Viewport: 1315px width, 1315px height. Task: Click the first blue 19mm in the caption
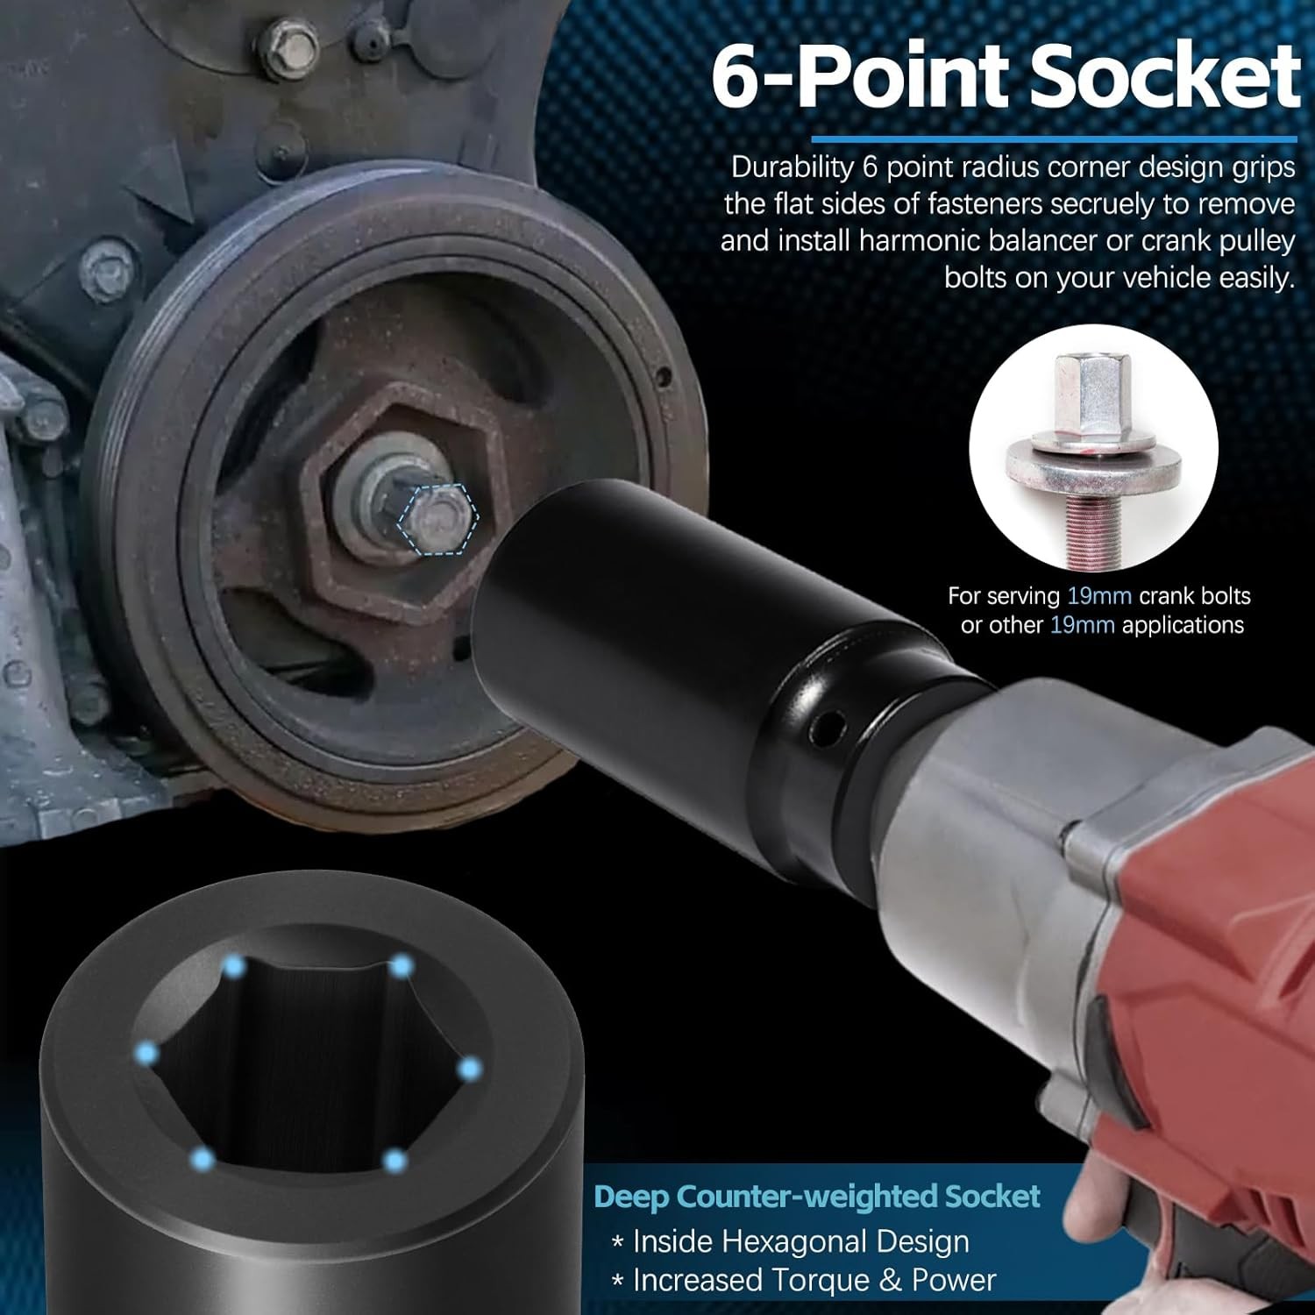coord(1099,596)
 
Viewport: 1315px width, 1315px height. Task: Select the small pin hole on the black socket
coord(823,725)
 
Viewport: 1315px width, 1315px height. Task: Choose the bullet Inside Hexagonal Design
coord(792,1241)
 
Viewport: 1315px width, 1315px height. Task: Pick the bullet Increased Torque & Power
coord(805,1280)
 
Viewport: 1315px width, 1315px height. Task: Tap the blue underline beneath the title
coord(1054,139)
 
